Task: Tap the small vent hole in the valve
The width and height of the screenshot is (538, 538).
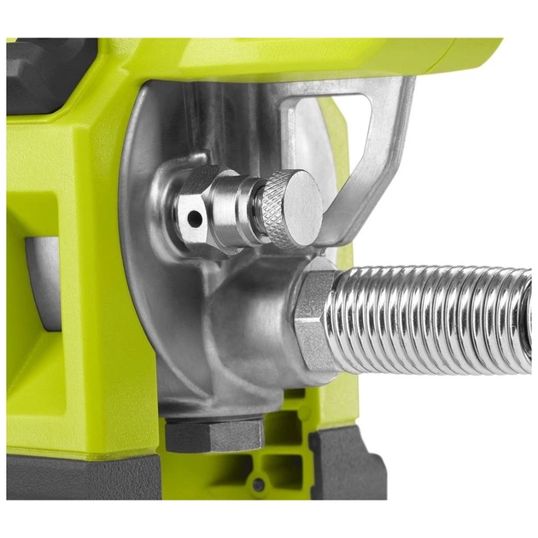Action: tap(196, 219)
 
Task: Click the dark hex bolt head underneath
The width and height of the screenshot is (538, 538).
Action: tap(213, 435)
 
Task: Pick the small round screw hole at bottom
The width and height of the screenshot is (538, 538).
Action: tap(257, 485)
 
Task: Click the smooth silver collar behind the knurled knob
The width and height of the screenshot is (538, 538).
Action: tap(252, 208)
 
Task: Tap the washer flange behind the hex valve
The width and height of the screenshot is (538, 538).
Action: tap(175, 205)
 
